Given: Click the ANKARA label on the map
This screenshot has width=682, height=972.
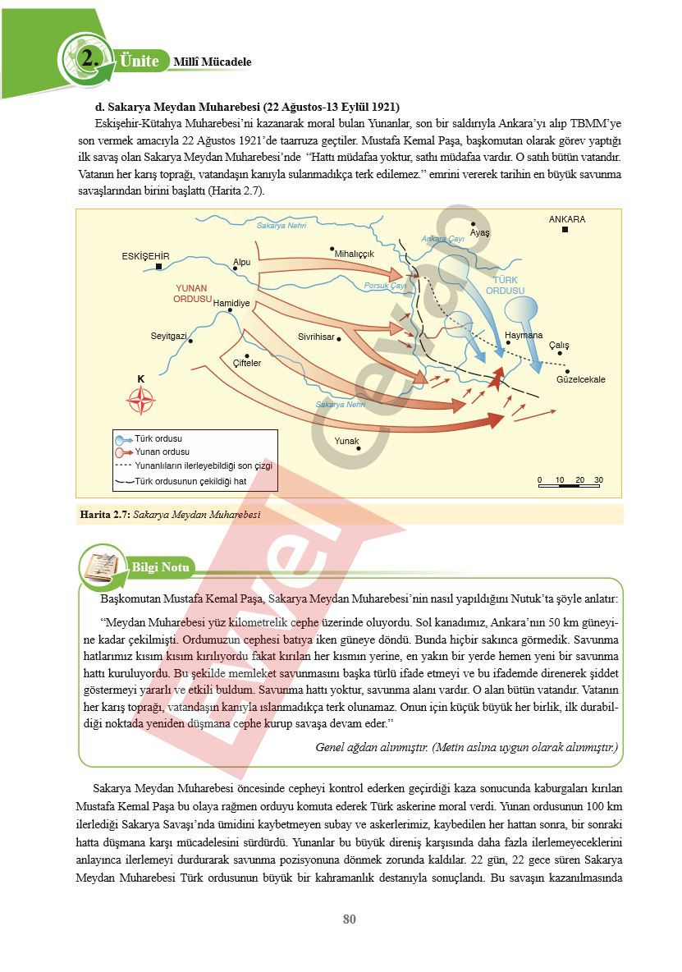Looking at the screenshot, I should tap(566, 219).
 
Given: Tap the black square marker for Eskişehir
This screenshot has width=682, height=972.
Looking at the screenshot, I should tap(158, 267).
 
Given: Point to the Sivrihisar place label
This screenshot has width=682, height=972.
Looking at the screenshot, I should tap(316, 337).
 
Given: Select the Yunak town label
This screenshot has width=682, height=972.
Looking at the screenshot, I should tap(346, 442).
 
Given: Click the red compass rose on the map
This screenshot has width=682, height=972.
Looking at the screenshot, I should tap(141, 401).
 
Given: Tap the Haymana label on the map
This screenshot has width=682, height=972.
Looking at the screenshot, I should tap(524, 335).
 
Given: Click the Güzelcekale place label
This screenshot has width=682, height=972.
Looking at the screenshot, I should tap(580, 380).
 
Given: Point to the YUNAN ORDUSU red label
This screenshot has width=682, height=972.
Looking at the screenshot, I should tap(192, 294).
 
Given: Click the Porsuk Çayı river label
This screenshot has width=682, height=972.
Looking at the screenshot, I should tap(385, 286).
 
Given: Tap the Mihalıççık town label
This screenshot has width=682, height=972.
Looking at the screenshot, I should tap(355, 254).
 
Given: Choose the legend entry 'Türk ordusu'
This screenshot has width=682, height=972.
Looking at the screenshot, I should tap(158, 439).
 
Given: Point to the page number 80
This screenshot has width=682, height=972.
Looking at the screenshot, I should tap(350, 919).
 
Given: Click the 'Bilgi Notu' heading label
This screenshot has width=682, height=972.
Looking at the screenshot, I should tap(161, 567).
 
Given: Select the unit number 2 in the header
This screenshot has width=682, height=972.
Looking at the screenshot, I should tap(89, 59).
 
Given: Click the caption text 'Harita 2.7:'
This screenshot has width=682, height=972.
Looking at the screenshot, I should tap(104, 515).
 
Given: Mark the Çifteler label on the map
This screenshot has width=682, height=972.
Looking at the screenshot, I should tap(247, 363).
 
